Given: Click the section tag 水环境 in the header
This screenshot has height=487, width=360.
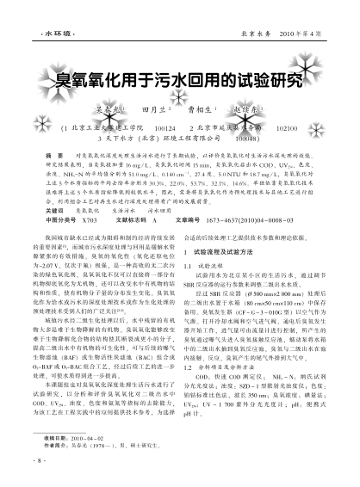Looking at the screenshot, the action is click(x=35, y=14).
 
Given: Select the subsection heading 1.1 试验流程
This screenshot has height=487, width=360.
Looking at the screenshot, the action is click(x=208, y=256).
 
